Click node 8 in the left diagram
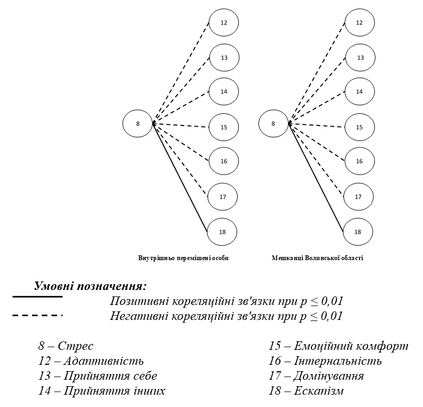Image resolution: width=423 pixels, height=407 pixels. point(138,124)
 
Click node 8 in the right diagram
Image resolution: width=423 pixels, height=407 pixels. point(273,124)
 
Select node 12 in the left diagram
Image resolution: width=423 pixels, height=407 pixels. point(224,23)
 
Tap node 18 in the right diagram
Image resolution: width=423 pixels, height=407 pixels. point(358,232)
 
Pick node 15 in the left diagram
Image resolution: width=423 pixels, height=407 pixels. point(224,127)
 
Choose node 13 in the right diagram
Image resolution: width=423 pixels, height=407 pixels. point(360,58)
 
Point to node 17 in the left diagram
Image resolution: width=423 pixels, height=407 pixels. point(223,197)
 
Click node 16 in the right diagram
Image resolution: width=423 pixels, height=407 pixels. point(359,161)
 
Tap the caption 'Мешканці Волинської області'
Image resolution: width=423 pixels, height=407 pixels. point(317,259)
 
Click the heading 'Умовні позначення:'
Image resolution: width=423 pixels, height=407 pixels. point(90,286)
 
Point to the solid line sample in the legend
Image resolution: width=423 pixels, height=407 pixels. point(37,296)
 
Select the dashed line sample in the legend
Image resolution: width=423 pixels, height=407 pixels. point(37,316)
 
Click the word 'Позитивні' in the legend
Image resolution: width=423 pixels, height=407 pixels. point(136,301)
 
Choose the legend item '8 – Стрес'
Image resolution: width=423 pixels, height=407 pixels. point(66,346)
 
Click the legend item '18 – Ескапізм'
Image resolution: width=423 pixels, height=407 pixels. point(306,391)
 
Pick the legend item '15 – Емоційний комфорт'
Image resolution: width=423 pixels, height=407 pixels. point(338,346)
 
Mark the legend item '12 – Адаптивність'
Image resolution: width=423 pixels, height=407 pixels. point(91,361)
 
